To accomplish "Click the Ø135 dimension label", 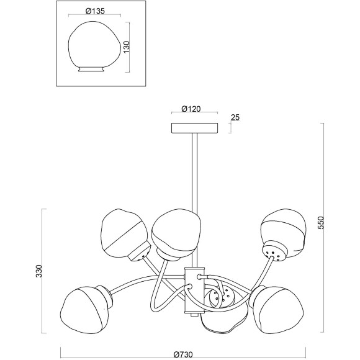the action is point(95,11).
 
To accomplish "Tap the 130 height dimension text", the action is point(127,47).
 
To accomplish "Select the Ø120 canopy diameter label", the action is point(191,109).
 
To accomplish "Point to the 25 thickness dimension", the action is point(235,117).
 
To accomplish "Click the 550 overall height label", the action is point(320,222).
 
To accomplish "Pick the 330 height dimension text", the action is point(39,271).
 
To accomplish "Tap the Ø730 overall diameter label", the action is point(183,354).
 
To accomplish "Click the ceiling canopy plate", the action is point(195,128).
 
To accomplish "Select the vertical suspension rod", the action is point(194,200).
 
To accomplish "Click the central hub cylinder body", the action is point(194,290).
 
